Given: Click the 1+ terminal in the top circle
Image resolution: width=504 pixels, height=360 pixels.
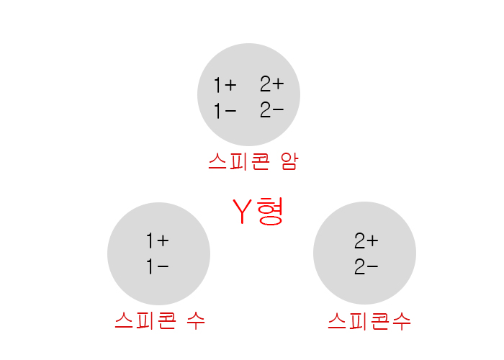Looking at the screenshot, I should pos(225,86).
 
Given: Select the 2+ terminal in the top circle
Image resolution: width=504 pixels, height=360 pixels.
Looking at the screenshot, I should pos(272,84).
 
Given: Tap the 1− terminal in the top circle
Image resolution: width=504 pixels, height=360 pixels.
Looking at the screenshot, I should pos(225,112).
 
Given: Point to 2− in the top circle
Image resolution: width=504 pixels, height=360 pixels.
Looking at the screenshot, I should pos(272,111).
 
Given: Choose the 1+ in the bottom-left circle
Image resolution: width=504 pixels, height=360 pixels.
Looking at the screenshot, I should pos(157,240).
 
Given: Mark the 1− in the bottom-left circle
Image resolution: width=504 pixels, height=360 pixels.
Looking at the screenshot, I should pos(157,267).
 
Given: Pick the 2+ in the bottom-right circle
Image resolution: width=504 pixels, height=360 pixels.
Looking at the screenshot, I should pos(366,240).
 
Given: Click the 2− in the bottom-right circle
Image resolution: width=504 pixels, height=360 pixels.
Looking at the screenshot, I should pos(366,267).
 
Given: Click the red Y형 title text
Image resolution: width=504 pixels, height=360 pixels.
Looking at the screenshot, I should pos(259,211).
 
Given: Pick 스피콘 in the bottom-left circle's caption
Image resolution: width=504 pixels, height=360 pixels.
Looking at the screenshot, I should pos(145,319).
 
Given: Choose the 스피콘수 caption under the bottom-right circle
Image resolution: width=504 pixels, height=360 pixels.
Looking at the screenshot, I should pos(369,320).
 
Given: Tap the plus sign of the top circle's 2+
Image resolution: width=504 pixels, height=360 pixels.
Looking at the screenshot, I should pos(279,85).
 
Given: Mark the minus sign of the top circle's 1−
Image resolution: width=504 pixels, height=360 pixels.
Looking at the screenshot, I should pos(231,112).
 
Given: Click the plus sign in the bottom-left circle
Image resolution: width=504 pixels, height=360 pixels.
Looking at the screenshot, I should pos(163,241).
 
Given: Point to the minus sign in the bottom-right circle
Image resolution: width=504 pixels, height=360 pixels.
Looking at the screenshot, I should pos(373,268).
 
